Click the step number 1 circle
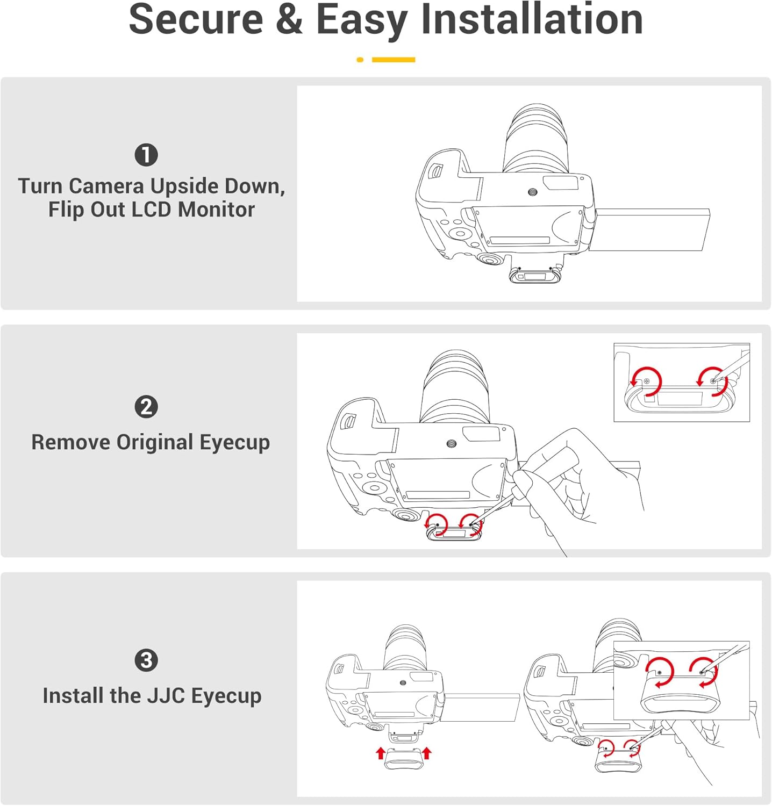tap(146, 155)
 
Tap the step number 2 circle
tap(146, 407)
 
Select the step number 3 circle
tap(146, 660)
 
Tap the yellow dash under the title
tap(394, 60)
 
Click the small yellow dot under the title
tap(360, 60)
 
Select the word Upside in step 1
tap(184, 186)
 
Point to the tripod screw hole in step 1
tap(533, 191)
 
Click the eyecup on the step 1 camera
tap(534, 276)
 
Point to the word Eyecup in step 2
tap(234, 442)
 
